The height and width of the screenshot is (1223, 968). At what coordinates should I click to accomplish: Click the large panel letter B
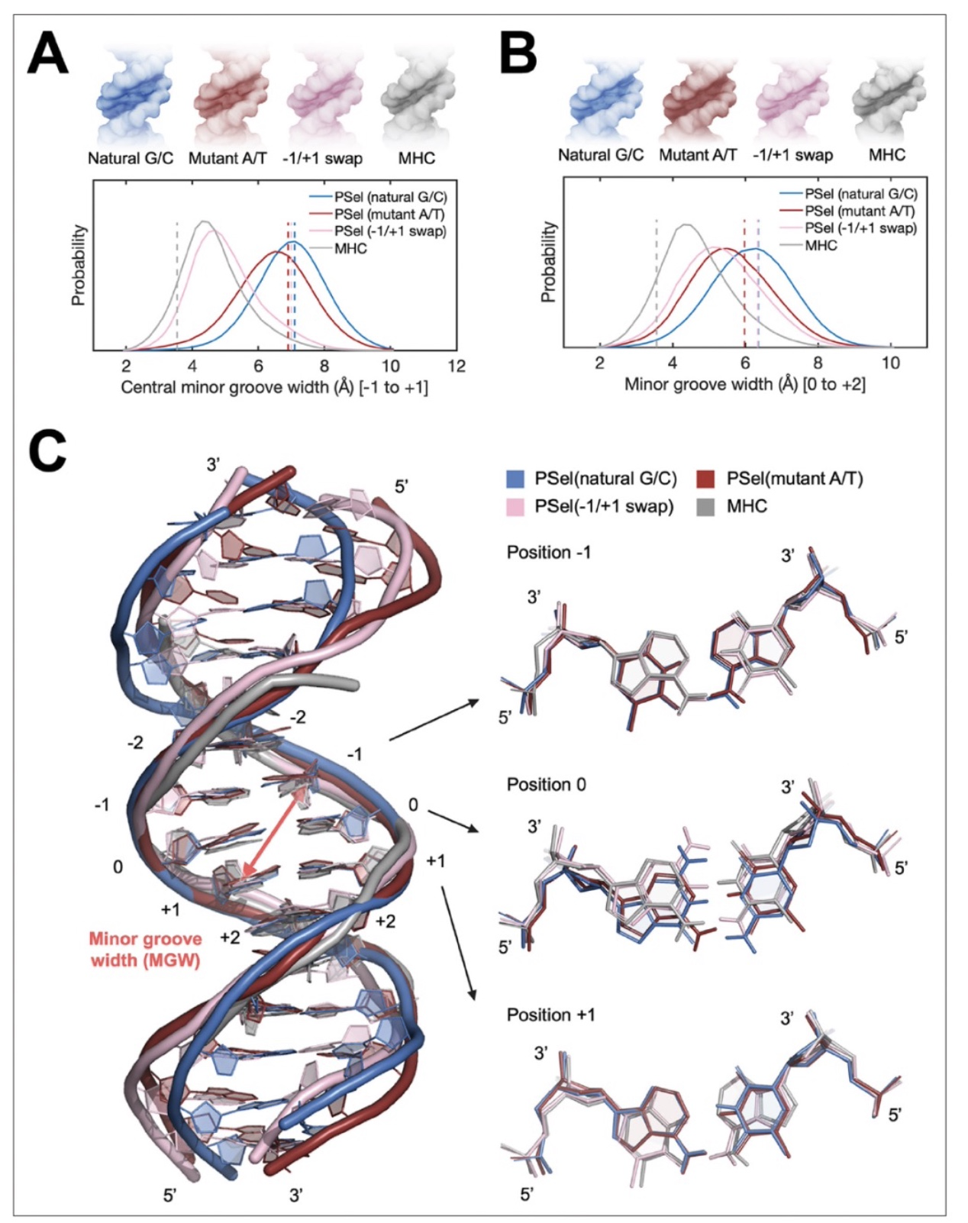(518, 52)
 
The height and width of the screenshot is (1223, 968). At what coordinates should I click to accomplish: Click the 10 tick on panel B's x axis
(891, 363)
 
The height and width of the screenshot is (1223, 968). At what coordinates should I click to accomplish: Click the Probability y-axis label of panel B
(549, 262)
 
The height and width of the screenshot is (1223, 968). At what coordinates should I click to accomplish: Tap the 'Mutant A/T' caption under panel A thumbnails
(227, 157)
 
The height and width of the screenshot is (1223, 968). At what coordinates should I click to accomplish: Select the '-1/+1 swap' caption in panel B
(792, 154)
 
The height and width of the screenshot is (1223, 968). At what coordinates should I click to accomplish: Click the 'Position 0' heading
(547, 785)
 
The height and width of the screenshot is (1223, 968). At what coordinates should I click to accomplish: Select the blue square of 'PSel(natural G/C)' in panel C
(515, 479)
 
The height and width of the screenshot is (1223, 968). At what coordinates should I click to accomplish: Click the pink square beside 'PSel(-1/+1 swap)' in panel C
(515, 506)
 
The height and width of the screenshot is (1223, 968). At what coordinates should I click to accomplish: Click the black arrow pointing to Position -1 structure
(435, 721)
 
